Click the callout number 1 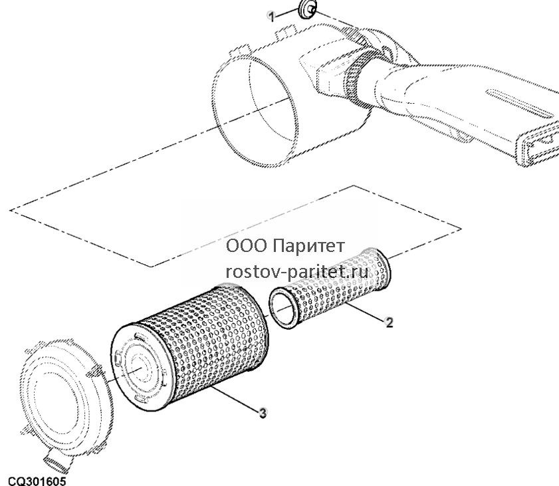click(x=272, y=17)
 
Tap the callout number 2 click(x=389, y=322)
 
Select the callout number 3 click(x=263, y=414)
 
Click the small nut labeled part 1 click(x=306, y=9)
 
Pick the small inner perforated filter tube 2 click(x=330, y=287)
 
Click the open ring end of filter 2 click(x=284, y=308)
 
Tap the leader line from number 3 click(x=235, y=399)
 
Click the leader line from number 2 click(x=364, y=311)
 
